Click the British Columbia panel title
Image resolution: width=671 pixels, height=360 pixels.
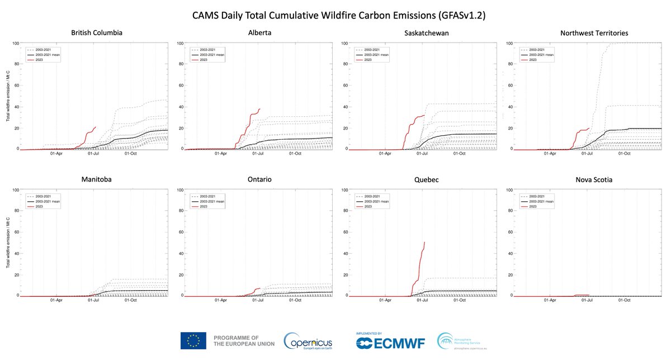[97, 33]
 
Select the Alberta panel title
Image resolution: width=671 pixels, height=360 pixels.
[259, 33]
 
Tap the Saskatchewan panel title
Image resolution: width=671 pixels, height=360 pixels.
[426, 33]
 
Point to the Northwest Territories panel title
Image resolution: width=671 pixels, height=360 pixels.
[594, 33]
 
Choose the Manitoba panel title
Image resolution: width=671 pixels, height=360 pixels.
[97, 180]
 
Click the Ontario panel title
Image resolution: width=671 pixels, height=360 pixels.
[259, 180]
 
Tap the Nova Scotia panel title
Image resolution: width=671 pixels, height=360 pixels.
[594, 180]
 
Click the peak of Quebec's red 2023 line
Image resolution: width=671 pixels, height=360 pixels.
[425, 242]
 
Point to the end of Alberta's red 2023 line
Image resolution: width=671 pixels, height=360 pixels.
[260, 108]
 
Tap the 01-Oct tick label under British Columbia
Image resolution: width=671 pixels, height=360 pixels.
[130, 153]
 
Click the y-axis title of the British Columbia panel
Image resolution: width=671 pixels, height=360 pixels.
[8, 96]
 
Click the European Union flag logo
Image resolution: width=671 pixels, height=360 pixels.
[193, 340]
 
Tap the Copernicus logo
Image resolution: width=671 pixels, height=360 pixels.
[308, 341]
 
